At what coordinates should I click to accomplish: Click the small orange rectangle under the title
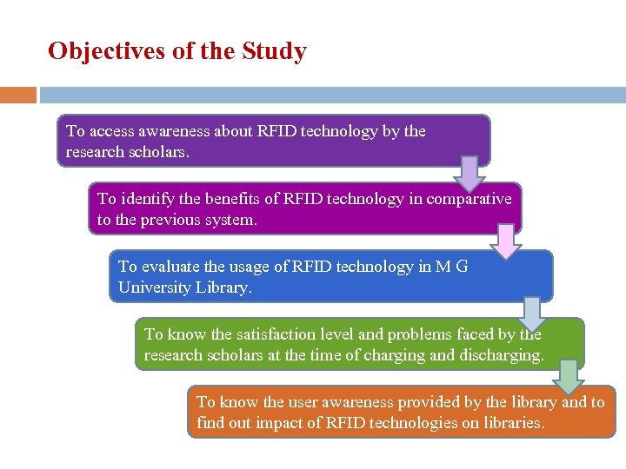[18, 95]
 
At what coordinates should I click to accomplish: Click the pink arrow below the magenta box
[505, 241]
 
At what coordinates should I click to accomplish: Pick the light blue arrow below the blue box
[532, 313]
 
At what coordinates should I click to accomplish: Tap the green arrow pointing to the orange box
[569, 377]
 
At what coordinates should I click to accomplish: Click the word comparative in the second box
[468, 199]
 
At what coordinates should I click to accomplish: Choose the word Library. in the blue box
[223, 287]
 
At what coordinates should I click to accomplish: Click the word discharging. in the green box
[503, 354]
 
